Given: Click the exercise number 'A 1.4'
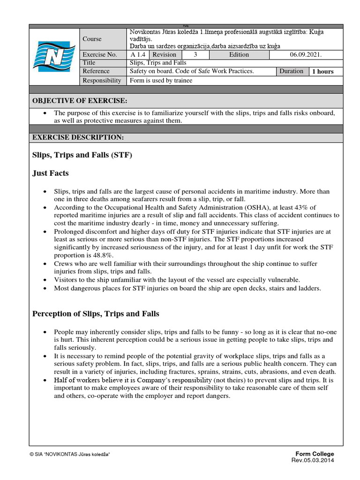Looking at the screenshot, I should coord(137,54).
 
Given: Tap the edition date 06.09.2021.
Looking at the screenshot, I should coord(306,54).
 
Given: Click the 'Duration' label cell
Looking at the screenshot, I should coord(292,71).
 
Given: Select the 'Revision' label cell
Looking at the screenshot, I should coord(164,54).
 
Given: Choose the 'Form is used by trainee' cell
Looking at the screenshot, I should coord(161,80).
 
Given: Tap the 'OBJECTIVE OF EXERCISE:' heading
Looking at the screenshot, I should coord(79,101).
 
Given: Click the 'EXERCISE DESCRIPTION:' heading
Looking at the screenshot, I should coord(78,137).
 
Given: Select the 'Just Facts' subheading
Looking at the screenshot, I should coord(50,173).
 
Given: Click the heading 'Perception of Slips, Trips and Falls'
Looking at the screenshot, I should coord(96,314).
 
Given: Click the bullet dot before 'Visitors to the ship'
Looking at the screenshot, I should coord(44,280).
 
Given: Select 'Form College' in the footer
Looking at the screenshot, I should coord(315,454).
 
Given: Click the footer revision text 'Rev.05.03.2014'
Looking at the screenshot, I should coord(313,461).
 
